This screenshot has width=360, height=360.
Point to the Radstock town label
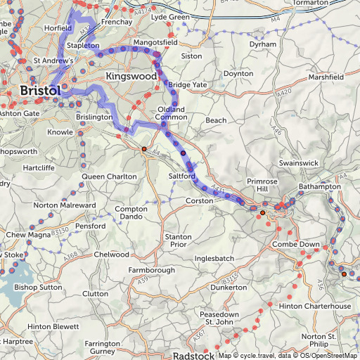[x=193, y=356]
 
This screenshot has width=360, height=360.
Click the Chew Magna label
[x=29, y=234]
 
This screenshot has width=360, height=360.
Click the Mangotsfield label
[x=155, y=43]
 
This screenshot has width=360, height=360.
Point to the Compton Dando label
[x=131, y=214]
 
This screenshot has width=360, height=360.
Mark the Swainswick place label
[x=298, y=162]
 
